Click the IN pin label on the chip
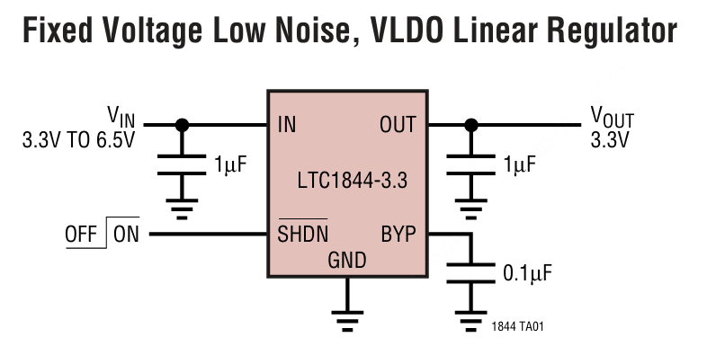[x=287, y=125]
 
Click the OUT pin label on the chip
[x=398, y=125]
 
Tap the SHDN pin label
[x=302, y=234]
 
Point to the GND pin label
[x=346, y=262]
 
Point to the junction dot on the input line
[x=183, y=125]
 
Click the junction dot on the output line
[x=469, y=125]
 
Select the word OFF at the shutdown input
[x=81, y=235]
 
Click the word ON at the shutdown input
[x=127, y=235]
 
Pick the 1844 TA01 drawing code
[x=518, y=327]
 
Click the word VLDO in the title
[x=398, y=33]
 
